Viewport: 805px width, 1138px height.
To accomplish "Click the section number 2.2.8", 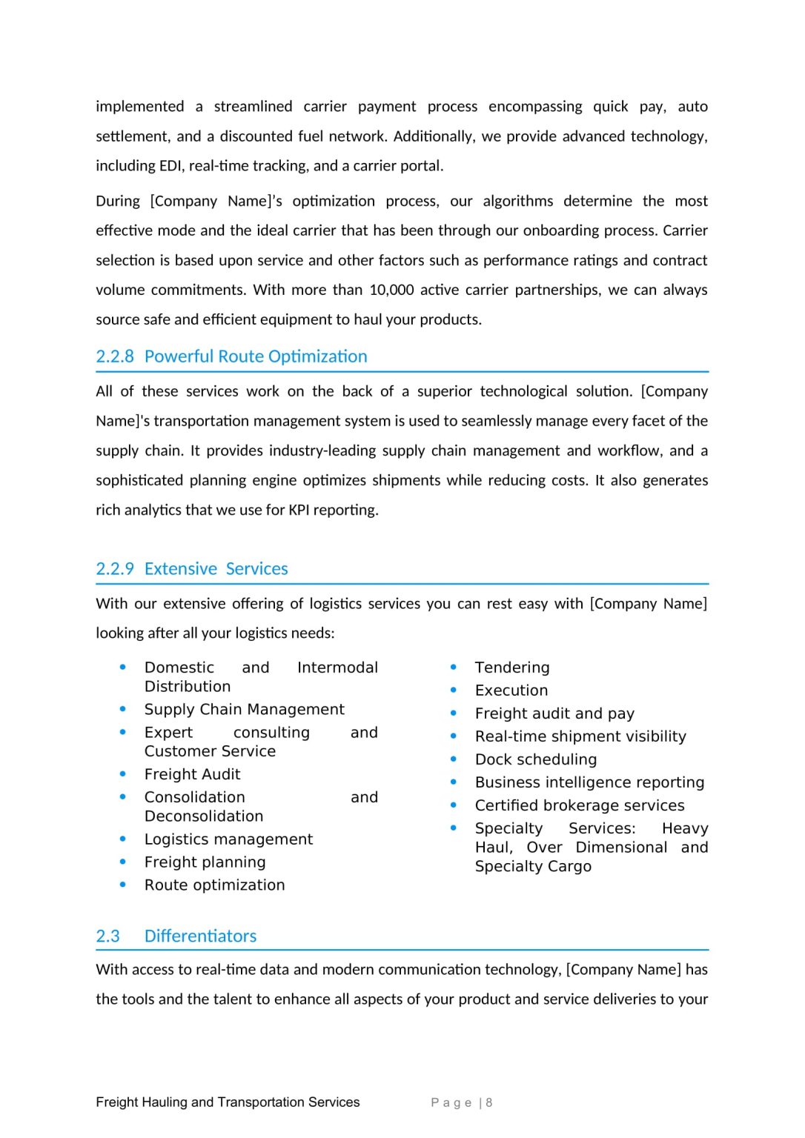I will [x=115, y=356].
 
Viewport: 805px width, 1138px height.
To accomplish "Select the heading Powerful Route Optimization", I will [x=256, y=356].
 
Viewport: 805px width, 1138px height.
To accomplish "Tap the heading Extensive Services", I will [x=216, y=569].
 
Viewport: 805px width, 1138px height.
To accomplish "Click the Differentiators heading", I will [x=200, y=936].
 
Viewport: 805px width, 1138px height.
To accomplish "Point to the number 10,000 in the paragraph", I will [x=391, y=290].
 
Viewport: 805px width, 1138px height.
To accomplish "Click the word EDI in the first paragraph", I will [x=171, y=166].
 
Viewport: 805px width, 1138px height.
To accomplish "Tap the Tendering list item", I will [x=512, y=668].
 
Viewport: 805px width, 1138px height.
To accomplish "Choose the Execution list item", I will [x=511, y=691].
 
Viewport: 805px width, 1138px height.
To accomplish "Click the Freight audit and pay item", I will [x=554, y=713].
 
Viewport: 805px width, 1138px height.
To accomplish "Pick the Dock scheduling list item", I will [x=536, y=759].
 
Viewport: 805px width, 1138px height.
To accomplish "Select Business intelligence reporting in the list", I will [x=589, y=782].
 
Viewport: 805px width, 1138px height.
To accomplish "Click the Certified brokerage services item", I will [x=580, y=805].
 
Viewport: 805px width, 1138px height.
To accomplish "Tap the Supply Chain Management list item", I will [x=244, y=710].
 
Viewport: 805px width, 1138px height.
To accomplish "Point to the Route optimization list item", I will [x=214, y=885].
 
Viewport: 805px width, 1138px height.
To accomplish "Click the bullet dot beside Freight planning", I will [x=123, y=862].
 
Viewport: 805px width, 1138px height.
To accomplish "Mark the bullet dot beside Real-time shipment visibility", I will [x=454, y=736].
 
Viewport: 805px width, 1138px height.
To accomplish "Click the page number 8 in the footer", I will [x=489, y=1102].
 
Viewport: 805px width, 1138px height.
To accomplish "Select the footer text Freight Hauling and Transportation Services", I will [x=228, y=1102].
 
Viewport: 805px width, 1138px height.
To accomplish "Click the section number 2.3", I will [x=107, y=936].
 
